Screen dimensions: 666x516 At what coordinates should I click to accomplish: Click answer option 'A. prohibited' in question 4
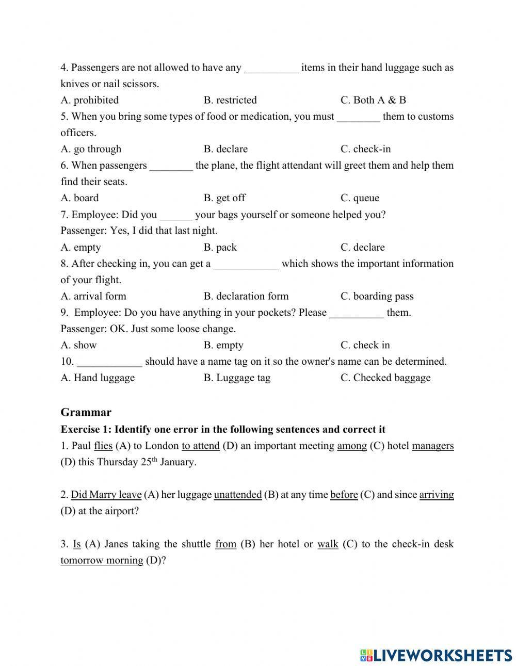(89, 100)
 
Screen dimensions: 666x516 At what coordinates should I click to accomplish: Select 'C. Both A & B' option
(373, 100)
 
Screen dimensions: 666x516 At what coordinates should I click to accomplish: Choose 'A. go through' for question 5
(91, 149)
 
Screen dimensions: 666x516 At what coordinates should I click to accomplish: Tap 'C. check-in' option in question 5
(365, 149)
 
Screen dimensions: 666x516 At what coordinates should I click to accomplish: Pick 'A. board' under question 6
(79, 198)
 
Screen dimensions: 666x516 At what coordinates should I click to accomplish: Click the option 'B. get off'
(224, 198)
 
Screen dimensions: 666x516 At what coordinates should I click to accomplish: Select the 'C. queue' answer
(360, 198)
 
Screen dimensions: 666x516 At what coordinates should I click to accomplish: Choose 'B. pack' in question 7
(220, 247)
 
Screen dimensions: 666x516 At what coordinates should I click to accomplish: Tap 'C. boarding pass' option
(377, 296)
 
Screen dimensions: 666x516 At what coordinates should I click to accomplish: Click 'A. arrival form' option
(93, 296)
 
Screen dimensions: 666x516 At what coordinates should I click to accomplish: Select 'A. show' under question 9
(78, 345)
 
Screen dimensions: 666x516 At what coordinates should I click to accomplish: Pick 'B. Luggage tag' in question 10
(237, 378)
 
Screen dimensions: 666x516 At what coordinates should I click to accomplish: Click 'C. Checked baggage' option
(385, 378)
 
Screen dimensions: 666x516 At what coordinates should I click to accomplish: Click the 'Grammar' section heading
(86, 412)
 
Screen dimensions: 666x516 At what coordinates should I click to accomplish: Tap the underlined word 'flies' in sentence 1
(103, 446)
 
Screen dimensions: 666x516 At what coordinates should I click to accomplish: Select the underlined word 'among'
(352, 446)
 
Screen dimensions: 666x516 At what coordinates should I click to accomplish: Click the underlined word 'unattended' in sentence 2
(238, 495)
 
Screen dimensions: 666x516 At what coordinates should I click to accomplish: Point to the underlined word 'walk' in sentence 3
(328, 544)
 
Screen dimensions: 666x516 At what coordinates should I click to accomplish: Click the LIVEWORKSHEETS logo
(436, 655)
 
